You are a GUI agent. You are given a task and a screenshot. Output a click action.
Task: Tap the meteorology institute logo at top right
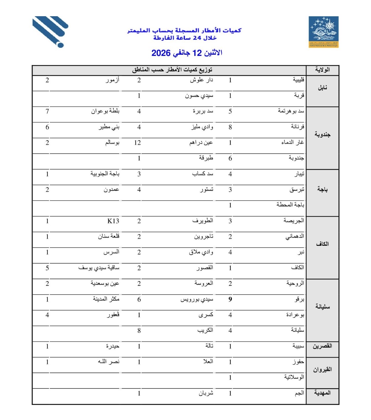[x=323, y=32]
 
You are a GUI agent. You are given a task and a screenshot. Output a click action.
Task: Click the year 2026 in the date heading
[x=161, y=53]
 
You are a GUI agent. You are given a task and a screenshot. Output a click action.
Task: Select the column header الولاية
[x=322, y=70]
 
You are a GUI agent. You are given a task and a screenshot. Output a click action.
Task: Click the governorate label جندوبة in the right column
[x=322, y=135]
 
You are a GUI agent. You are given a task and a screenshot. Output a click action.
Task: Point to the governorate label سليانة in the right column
[x=322, y=307]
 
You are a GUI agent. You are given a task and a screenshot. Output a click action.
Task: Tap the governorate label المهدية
[x=322, y=393]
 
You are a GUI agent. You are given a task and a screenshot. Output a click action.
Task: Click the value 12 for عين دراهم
[x=138, y=143]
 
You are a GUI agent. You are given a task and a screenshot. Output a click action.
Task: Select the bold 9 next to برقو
[x=230, y=299]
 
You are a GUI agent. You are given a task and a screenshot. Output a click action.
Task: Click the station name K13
[x=113, y=221]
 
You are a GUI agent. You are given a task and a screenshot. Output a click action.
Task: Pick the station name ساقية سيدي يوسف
[x=99, y=268]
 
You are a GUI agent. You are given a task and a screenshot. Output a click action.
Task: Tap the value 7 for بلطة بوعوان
[x=47, y=111]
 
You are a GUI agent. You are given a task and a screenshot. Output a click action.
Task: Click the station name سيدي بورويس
[x=197, y=299]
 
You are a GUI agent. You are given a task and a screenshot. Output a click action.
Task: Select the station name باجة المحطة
[x=290, y=205]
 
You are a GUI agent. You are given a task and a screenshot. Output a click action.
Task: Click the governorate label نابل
[x=322, y=88]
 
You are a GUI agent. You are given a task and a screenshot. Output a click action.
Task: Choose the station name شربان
[x=206, y=393]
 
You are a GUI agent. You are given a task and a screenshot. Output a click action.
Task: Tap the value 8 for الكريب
[x=139, y=331]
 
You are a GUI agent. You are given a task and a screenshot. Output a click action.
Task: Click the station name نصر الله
[x=109, y=362]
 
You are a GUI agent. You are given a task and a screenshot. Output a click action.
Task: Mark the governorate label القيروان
[x=322, y=370]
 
